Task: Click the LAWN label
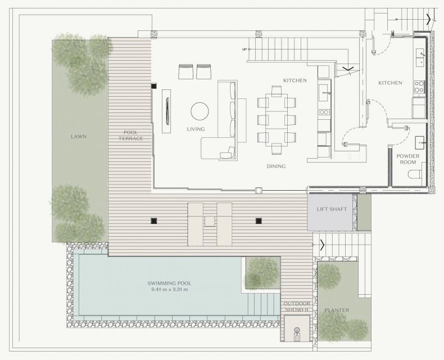click(79, 137)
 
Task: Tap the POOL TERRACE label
click(130, 136)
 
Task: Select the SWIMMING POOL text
click(169, 283)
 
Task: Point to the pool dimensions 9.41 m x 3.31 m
click(170, 290)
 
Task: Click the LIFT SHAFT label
click(332, 209)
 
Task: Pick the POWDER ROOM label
click(408, 159)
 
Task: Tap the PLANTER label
click(337, 310)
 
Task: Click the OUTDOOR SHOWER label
click(297, 307)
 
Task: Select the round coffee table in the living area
click(200, 111)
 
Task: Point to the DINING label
click(276, 166)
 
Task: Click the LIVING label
click(196, 129)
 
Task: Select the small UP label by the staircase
click(244, 49)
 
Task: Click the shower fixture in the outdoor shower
click(297, 332)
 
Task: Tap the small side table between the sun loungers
click(210, 221)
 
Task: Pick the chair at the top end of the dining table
click(277, 91)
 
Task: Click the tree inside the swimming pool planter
click(261, 273)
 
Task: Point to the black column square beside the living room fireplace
click(154, 86)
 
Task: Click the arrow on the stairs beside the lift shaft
click(322, 245)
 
